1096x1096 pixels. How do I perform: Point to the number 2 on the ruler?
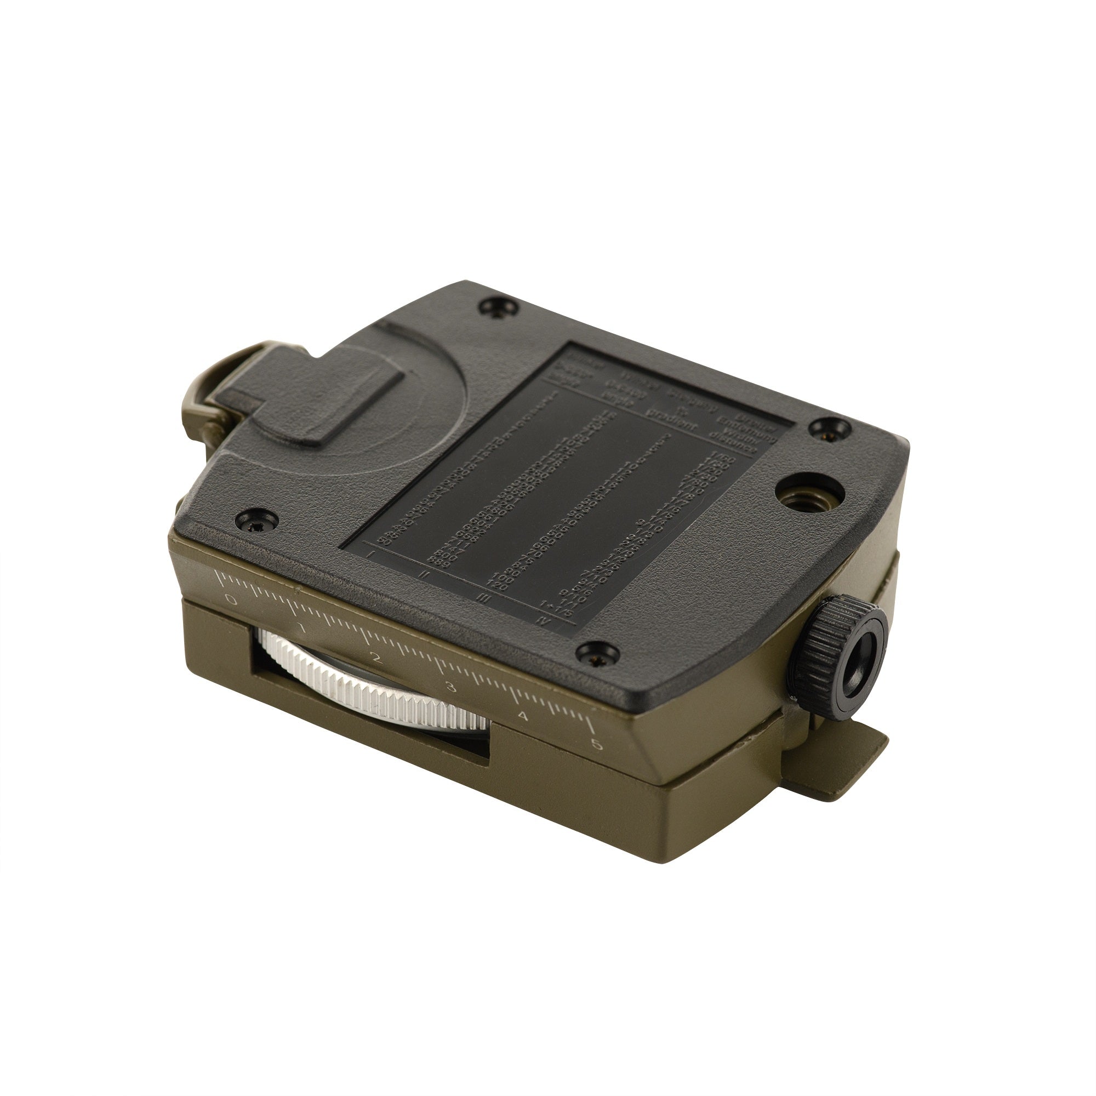click(x=374, y=658)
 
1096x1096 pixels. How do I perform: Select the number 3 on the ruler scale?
click(x=451, y=688)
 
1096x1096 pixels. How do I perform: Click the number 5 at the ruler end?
click(x=596, y=745)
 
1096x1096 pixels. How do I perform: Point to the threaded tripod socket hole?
click(x=804, y=501)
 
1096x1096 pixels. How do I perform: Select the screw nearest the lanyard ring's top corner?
click(x=498, y=307)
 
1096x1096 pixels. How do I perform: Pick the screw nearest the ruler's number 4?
click(x=597, y=653)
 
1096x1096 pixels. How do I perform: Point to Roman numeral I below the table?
click(x=372, y=553)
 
